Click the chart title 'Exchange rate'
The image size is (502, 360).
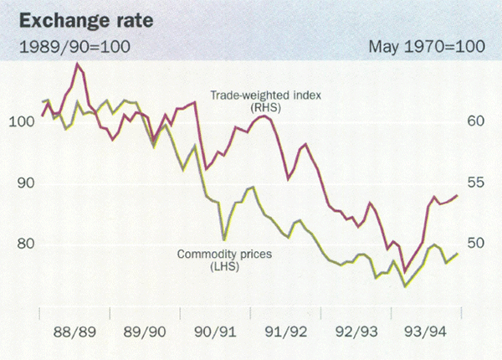coord(73,18)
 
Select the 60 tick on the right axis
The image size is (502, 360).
coord(474,122)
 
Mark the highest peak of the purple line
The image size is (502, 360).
coord(77,64)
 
